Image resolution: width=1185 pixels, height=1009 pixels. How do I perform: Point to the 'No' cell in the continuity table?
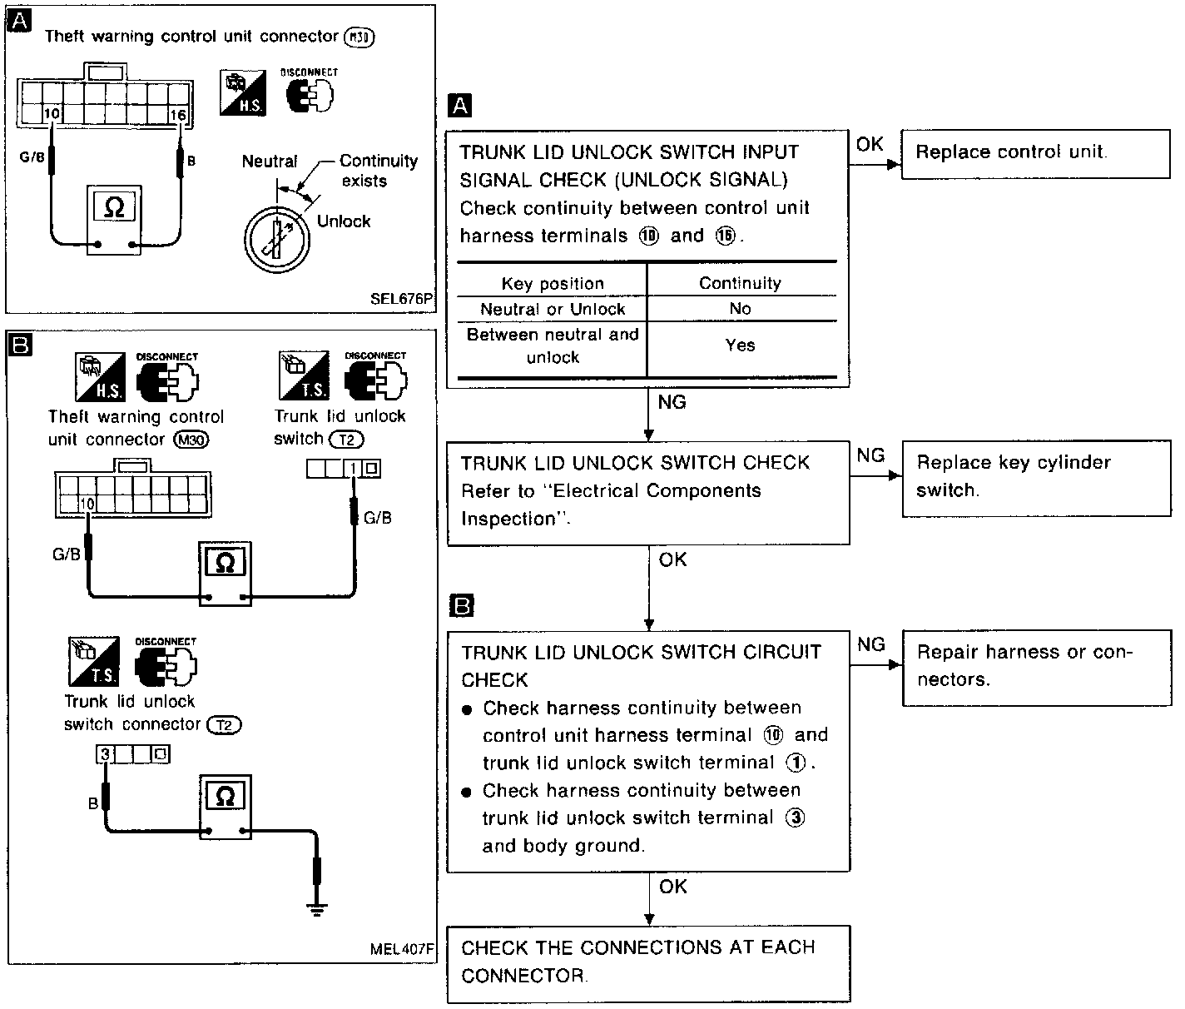[740, 309]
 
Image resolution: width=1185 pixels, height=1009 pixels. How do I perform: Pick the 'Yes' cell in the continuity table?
[740, 345]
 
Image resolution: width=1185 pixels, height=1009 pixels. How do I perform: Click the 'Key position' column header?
[553, 284]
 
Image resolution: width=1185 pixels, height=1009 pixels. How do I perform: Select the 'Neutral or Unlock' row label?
[553, 309]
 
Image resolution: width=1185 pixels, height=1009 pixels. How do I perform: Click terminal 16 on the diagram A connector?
[177, 115]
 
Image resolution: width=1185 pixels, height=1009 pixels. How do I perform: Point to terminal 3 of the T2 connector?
[105, 755]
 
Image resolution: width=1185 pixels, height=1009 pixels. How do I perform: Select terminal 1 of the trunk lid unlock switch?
[353, 470]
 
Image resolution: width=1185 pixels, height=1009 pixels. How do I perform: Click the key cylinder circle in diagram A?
[277, 237]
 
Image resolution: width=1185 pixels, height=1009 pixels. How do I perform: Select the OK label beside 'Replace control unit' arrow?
[869, 144]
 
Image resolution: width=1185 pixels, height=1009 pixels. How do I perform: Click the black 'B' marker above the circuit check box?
[460, 605]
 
